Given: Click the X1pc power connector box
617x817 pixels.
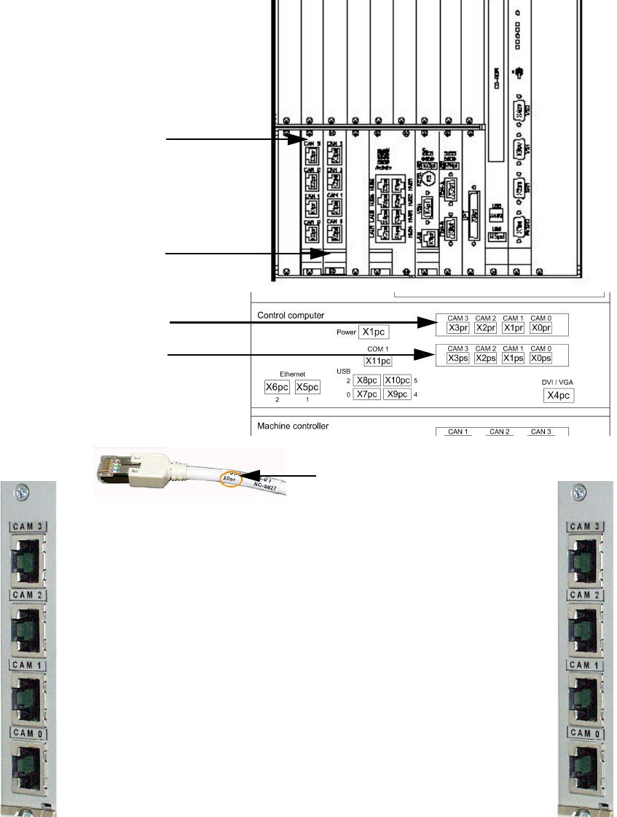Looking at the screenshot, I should tap(375, 332).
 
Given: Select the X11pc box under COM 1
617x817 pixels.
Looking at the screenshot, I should tap(378, 360).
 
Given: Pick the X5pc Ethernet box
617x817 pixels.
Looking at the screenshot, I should tap(307, 386).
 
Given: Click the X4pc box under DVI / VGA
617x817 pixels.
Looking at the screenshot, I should tap(559, 396).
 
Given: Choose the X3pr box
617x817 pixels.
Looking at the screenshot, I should tap(459, 328).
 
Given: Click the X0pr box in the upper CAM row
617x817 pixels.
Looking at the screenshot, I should tap(541, 328).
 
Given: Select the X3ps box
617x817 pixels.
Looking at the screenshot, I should tap(459, 359).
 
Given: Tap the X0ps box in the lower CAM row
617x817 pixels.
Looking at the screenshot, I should tap(541, 359).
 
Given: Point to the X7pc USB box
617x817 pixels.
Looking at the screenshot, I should tap(366, 394).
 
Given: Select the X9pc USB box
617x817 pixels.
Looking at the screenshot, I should tap(397, 394).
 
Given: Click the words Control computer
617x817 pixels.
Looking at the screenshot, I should tap(291, 316).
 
